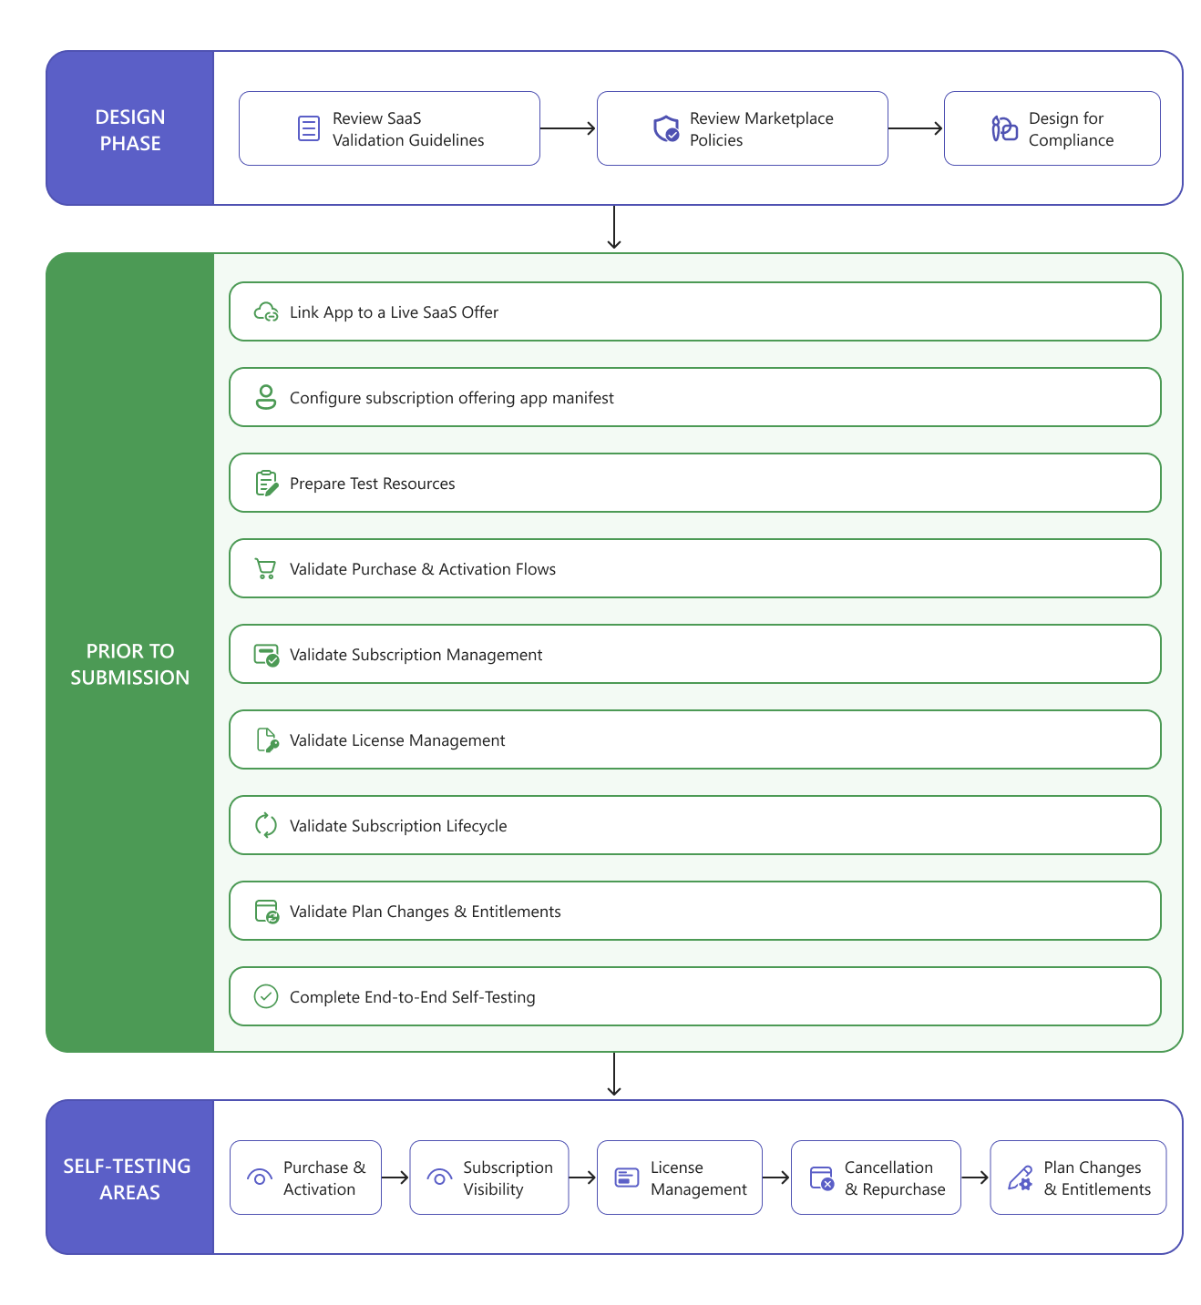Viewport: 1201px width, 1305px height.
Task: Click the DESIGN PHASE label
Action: click(130, 129)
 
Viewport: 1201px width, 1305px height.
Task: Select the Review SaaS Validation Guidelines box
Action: click(388, 128)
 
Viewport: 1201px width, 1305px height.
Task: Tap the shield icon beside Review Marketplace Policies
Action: click(665, 128)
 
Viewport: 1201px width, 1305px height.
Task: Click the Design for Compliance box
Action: click(1052, 128)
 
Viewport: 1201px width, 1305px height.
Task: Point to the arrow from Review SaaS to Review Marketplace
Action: click(568, 128)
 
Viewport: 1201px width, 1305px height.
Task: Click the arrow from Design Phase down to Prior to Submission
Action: click(613, 227)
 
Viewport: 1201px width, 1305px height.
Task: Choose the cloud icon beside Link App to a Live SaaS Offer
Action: click(265, 311)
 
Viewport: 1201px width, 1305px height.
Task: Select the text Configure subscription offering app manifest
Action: click(451, 397)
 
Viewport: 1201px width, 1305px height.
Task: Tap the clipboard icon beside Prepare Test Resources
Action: click(266, 483)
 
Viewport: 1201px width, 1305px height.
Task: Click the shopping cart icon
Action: click(265, 568)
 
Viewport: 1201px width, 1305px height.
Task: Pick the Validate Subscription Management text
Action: click(416, 655)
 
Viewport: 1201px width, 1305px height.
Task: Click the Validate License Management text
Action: click(397, 739)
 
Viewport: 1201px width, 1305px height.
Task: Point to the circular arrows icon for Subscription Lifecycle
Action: click(265, 825)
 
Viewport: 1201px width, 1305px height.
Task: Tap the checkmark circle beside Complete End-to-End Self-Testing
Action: click(265, 996)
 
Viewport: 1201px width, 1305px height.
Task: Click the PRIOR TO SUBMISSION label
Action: click(130, 664)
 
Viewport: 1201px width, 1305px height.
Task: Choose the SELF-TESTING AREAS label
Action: click(127, 1178)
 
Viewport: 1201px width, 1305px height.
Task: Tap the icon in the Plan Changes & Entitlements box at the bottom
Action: click(1020, 1178)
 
